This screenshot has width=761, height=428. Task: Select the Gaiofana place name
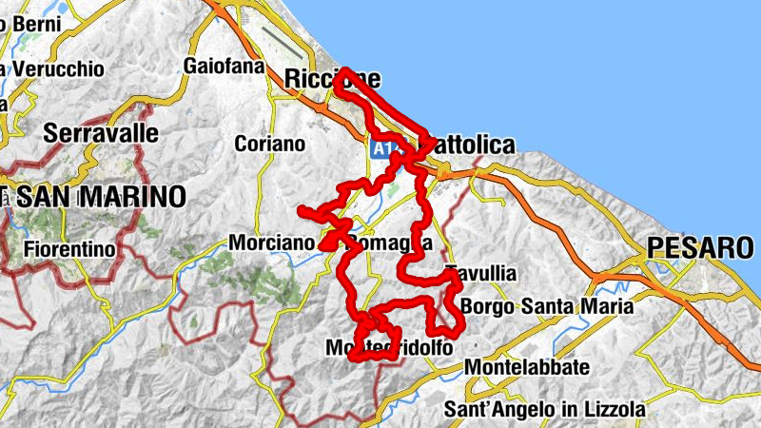[x=223, y=66]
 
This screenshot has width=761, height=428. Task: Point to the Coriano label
[x=270, y=144]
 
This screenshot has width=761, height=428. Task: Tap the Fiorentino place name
[x=70, y=250]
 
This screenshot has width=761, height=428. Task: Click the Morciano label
[x=271, y=243]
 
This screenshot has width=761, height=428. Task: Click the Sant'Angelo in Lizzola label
[x=545, y=410]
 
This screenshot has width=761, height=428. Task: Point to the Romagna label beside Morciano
[x=386, y=243]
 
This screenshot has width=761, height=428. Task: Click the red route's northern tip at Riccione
[x=347, y=71]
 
